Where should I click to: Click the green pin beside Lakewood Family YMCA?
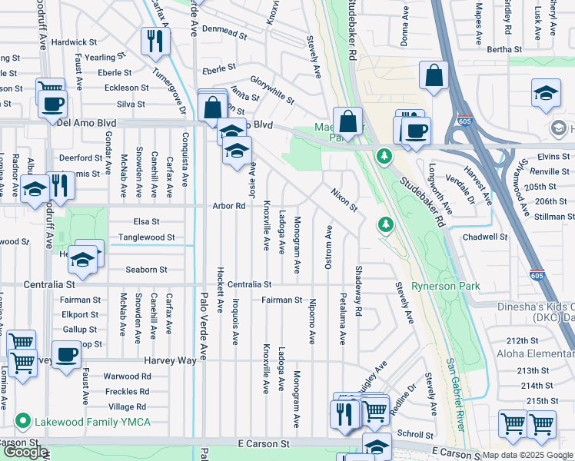[22, 422]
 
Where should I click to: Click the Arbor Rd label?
[229, 206]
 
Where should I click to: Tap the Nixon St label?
[344, 200]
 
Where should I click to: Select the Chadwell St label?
[485, 237]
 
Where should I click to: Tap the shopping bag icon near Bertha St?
[434, 75]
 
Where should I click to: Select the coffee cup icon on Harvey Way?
[67, 355]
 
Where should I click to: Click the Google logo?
[25, 452]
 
